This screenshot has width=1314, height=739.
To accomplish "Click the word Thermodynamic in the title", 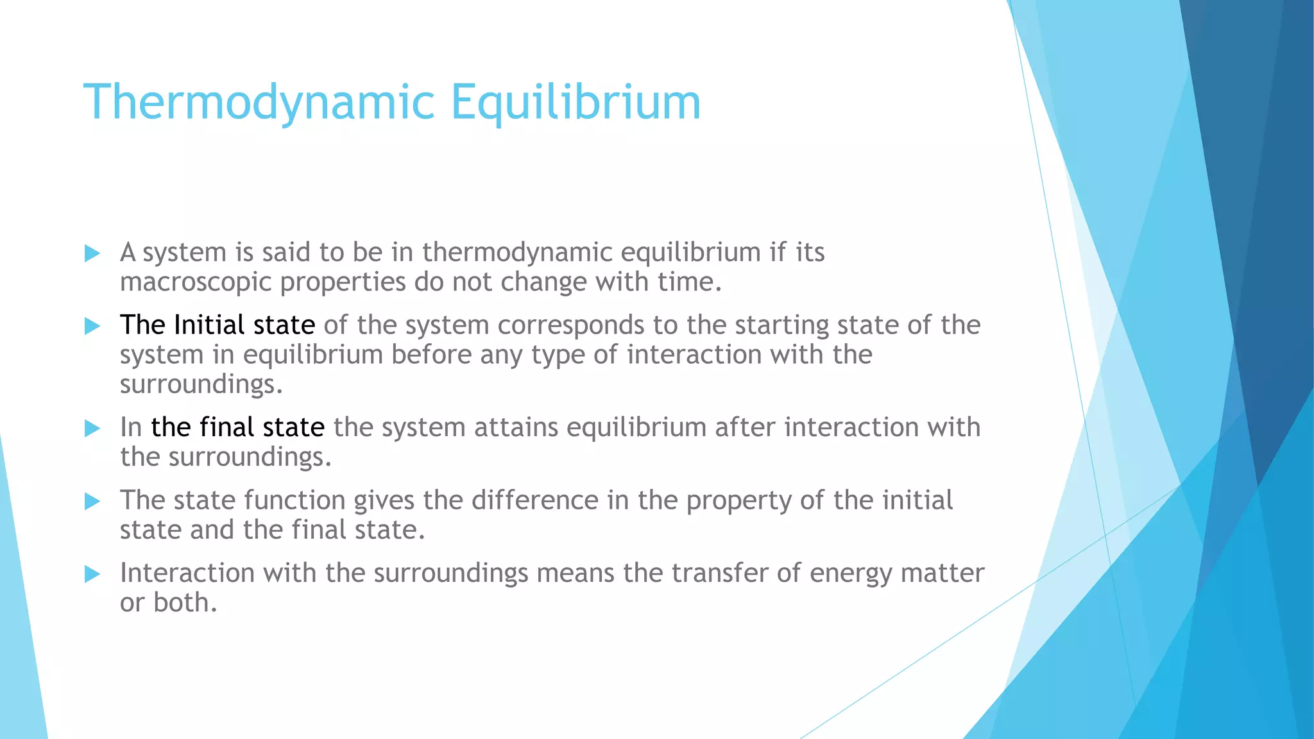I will click(259, 102).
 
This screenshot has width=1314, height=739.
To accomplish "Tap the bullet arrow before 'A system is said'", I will click(92, 253).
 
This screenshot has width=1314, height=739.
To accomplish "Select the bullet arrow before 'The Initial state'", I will click(92, 326).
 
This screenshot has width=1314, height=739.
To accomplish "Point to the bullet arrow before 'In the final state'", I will click(92, 428).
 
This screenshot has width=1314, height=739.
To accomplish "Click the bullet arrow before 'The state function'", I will click(92, 501).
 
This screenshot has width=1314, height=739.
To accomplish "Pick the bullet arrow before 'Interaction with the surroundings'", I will click(92, 573).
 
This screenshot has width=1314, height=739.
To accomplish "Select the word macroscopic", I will click(196, 282).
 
